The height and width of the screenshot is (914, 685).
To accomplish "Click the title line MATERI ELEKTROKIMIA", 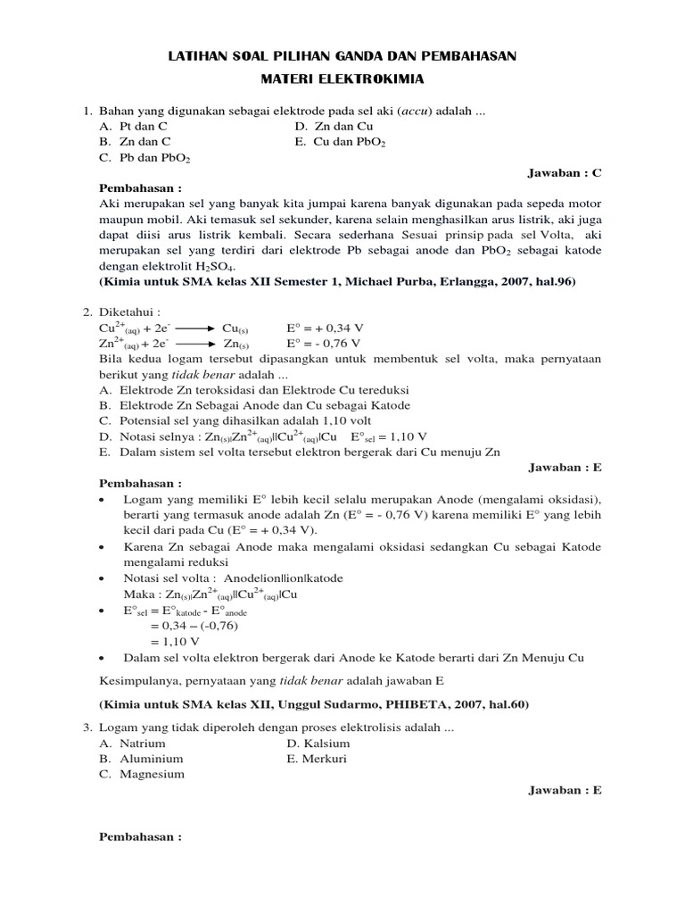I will pos(342,79).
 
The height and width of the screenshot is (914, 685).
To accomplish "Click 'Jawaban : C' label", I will pos(565,173).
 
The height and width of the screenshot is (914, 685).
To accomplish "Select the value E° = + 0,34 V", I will pos(323,328).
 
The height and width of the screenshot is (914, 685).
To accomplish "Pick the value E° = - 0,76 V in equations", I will pos(323,344).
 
